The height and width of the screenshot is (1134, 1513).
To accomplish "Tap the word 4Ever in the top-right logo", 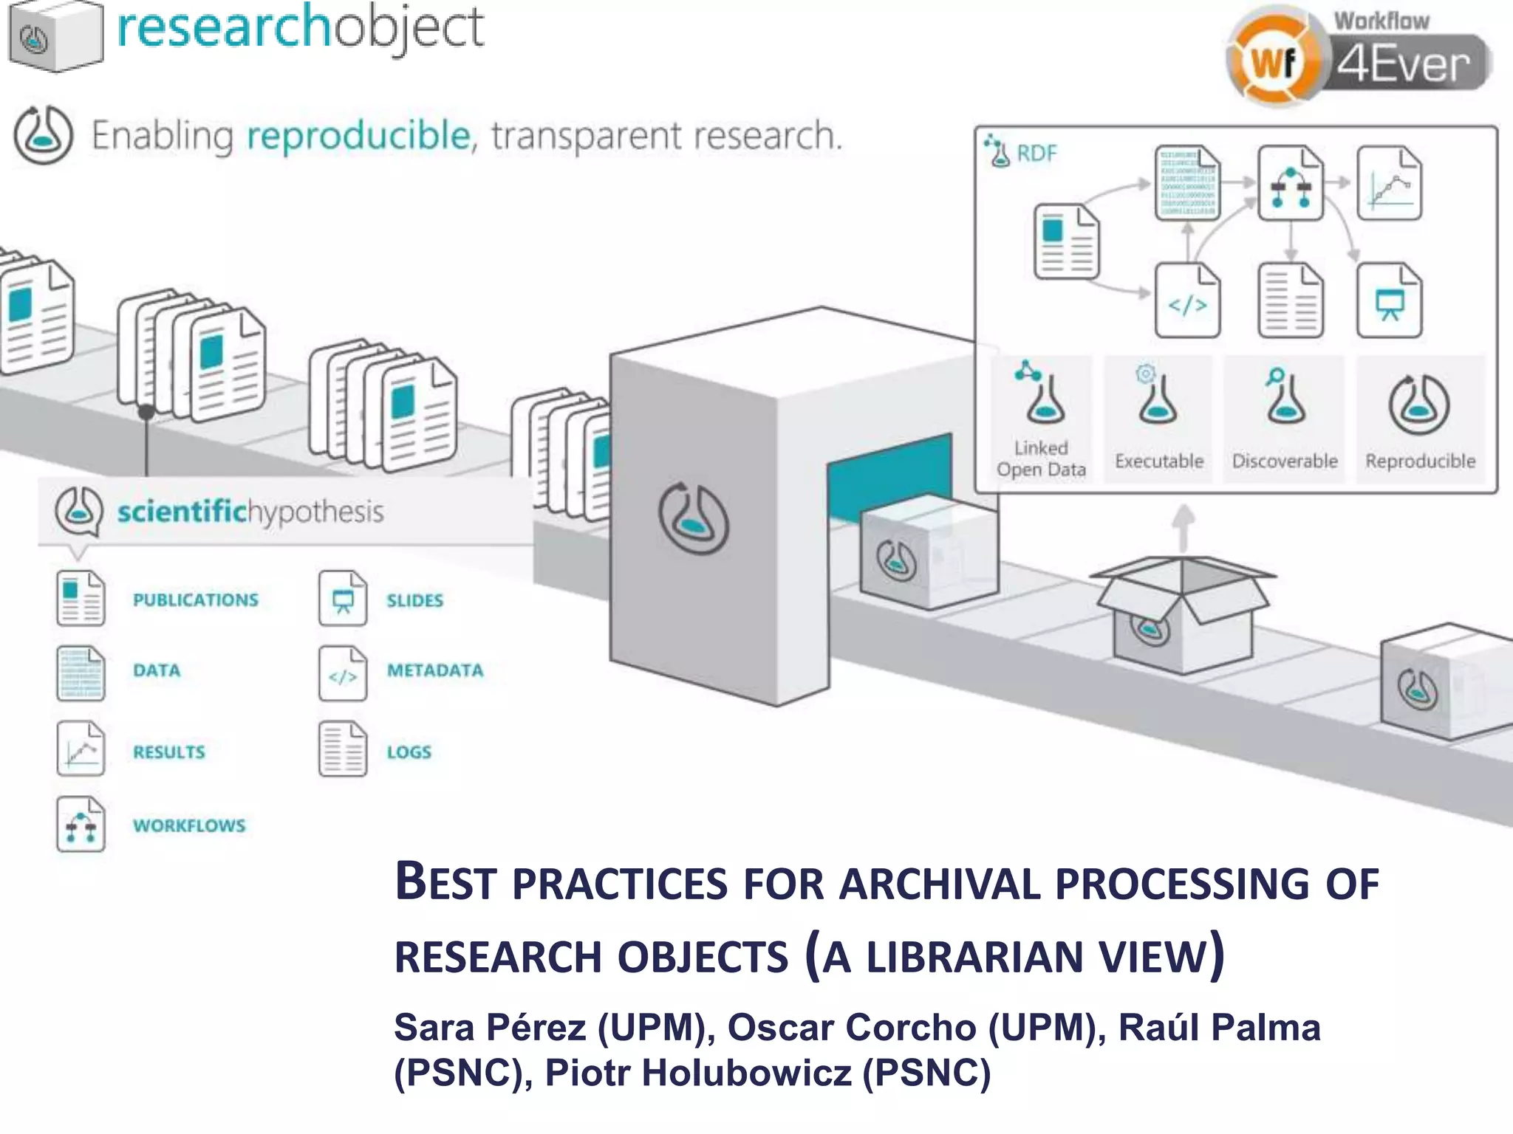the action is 1402,65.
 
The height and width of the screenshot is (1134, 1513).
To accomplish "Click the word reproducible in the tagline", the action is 358,136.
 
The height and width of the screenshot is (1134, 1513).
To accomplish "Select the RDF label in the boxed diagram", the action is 1036,154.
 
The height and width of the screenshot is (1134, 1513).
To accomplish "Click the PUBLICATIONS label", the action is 196,599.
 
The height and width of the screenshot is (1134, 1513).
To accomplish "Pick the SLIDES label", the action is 414,600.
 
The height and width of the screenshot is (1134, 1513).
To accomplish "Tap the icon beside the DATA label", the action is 81,673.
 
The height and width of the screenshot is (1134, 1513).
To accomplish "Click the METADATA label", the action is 435,670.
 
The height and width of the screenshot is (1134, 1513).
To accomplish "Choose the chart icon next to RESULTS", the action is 81,749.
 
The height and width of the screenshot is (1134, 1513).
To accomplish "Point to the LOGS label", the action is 409,752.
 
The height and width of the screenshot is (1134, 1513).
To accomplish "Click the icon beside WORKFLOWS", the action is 81,824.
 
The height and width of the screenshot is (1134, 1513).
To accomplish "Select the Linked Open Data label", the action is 1041,458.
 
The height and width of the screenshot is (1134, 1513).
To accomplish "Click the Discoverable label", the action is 1285,461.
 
